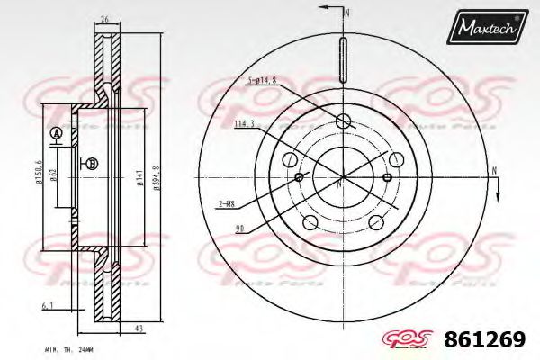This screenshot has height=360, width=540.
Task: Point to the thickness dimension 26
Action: click(x=104, y=19)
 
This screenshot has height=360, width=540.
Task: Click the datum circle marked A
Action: click(x=56, y=133)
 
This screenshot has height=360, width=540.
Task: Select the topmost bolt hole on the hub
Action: click(x=342, y=122)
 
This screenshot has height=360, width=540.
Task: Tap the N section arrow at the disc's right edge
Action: click(x=493, y=176)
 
